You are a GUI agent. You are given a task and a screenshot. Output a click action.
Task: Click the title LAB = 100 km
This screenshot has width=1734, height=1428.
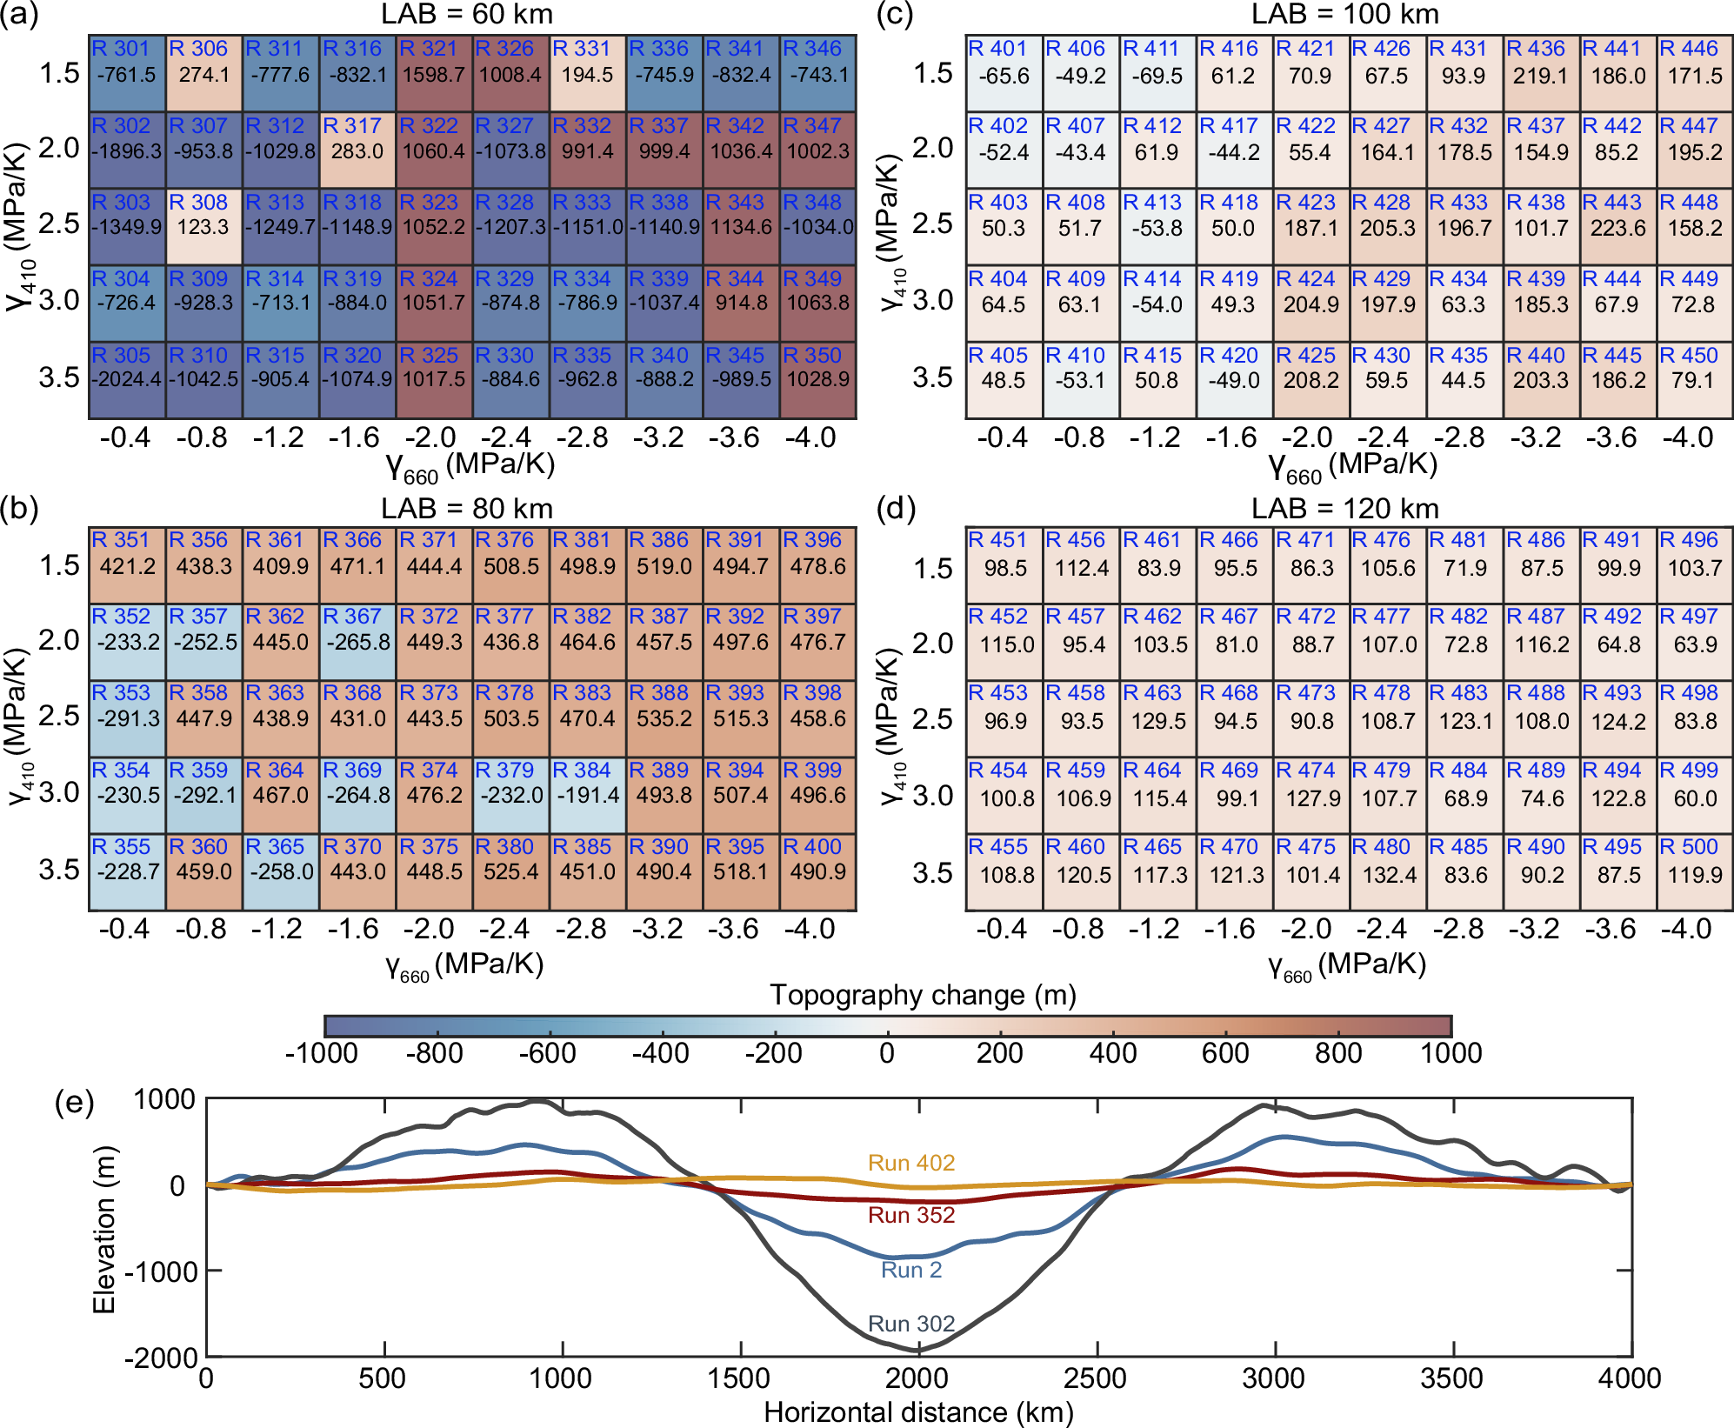(1344, 14)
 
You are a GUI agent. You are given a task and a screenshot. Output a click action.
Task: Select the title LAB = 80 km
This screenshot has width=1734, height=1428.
(466, 508)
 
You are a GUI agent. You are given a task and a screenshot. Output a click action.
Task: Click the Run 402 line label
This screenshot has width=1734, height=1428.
(910, 1163)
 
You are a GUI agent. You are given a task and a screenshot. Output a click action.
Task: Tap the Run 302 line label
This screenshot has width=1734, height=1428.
(910, 1324)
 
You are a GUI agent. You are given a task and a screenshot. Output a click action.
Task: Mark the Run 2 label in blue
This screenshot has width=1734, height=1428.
(910, 1270)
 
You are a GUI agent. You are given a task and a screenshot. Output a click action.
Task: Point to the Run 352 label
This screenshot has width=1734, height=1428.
(910, 1215)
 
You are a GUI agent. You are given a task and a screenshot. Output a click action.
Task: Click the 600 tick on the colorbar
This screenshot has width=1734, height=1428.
(1224, 1053)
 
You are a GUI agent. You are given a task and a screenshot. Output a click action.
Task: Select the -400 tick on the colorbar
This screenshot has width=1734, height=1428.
(660, 1053)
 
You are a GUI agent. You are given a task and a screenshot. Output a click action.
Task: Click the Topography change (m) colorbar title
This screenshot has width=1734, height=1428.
(923, 994)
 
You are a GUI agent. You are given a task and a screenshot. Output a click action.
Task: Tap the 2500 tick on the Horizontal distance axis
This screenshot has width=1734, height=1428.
(1095, 1378)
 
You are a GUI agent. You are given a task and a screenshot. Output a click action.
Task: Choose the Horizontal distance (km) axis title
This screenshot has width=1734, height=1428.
(918, 1412)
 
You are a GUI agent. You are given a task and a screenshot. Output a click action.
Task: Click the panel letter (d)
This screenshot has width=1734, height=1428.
(895, 508)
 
